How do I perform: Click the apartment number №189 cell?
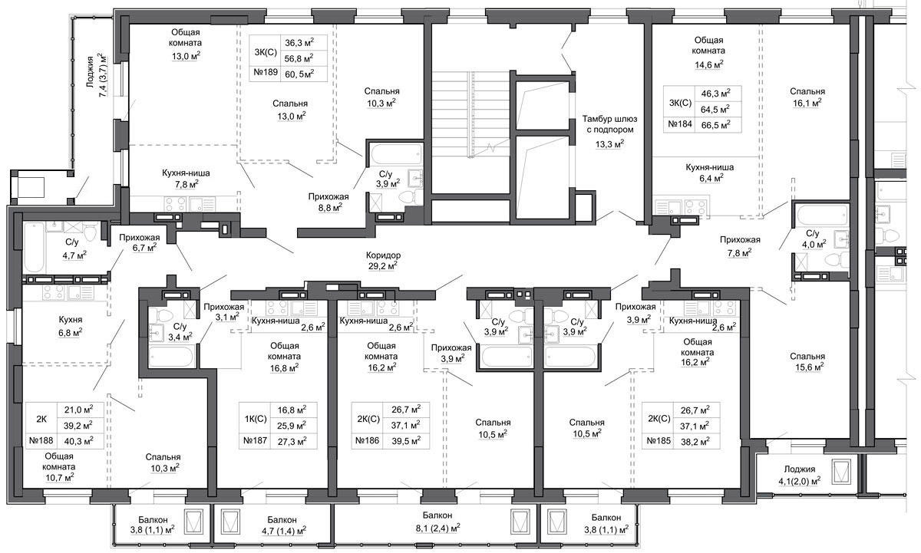click(266, 73)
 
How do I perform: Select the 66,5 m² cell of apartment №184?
click(718, 124)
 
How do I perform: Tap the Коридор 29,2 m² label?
click(383, 261)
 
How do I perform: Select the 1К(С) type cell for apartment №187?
click(256, 419)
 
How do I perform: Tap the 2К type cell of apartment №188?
click(41, 419)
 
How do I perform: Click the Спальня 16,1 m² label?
click(807, 97)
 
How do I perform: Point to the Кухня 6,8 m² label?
click(71, 326)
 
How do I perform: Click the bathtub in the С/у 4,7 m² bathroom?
click(34, 248)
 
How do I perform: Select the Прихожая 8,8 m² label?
click(328, 202)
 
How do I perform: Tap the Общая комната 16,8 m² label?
click(285, 357)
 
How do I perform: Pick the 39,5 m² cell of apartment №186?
click(406, 441)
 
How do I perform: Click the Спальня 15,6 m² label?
click(807, 362)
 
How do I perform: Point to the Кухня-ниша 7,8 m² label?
click(186, 179)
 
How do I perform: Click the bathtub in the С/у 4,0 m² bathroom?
click(822, 215)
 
